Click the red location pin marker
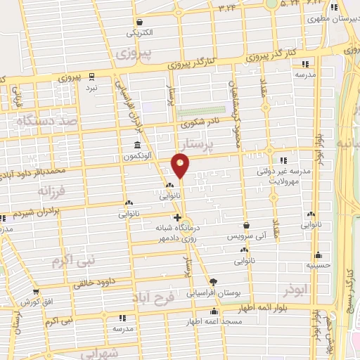click(181, 166)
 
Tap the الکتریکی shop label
click(139, 32)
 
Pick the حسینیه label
click(318, 266)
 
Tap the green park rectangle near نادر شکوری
click(201, 111)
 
